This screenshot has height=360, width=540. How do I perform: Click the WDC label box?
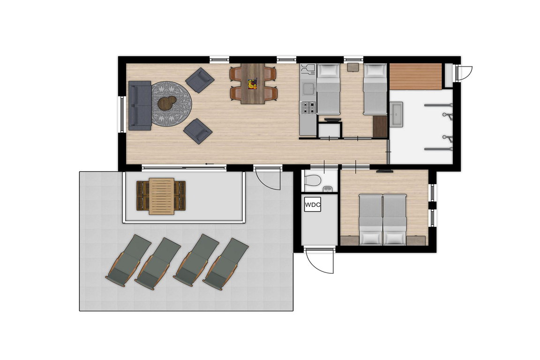(x=313, y=205)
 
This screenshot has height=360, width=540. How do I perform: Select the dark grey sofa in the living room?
(x=140, y=105)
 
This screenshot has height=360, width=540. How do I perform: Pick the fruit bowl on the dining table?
(x=253, y=84)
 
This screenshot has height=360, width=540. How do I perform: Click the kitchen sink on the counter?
(x=308, y=88)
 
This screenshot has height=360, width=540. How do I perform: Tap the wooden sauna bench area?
(x=416, y=76)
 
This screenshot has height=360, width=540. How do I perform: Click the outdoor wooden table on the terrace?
(x=161, y=196)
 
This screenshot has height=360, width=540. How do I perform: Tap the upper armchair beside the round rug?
(x=200, y=80)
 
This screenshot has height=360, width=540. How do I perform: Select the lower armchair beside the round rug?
(x=198, y=131)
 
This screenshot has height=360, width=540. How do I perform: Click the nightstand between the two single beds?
(x=352, y=67)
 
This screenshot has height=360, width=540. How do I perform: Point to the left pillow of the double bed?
(x=370, y=238)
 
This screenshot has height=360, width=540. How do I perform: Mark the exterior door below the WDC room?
(x=319, y=260)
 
